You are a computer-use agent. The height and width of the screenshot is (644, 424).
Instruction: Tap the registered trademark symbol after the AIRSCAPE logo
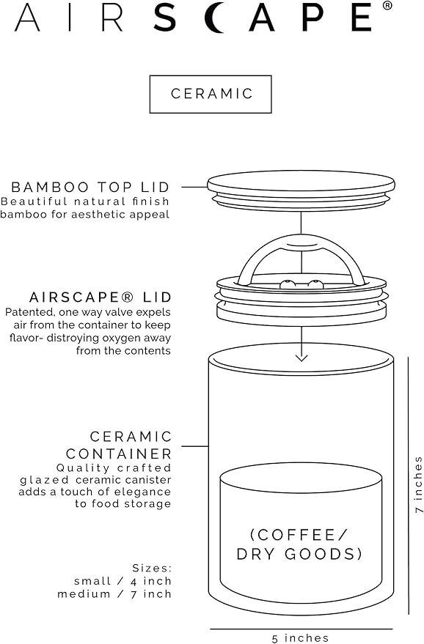click(387, 7)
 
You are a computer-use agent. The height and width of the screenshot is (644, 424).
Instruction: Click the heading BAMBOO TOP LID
click(91, 187)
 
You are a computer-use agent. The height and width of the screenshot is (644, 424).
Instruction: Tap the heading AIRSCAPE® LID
click(100, 297)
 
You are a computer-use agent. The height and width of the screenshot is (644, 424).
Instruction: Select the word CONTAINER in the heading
click(119, 454)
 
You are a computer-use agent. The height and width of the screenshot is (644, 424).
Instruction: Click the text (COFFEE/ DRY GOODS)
click(300, 544)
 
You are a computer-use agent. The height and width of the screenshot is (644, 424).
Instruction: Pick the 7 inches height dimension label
click(417, 484)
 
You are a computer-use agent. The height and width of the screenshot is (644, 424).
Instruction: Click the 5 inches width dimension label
click(301, 638)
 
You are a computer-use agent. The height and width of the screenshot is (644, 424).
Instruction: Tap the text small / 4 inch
click(123, 581)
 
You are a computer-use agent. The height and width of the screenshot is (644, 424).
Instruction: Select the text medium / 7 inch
click(114, 593)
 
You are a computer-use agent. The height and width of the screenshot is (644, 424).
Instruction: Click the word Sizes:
click(152, 568)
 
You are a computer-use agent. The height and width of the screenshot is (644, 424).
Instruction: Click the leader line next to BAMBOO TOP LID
click(194, 187)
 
